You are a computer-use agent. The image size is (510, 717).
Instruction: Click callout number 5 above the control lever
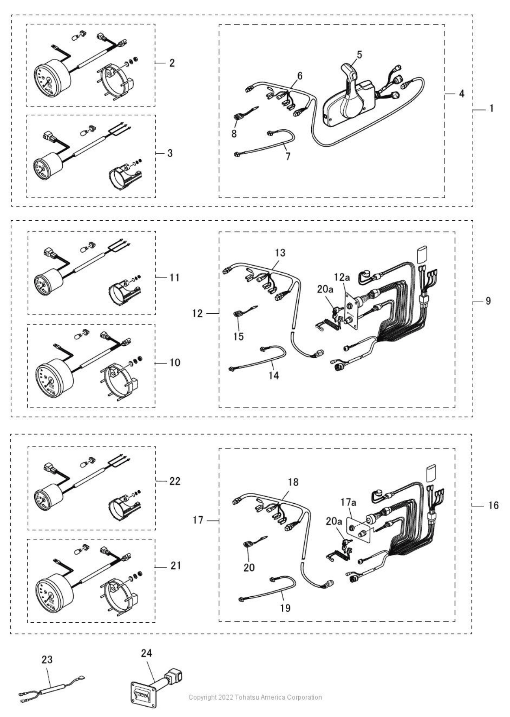click(359, 55)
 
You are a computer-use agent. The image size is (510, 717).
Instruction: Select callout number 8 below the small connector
click(234, 133)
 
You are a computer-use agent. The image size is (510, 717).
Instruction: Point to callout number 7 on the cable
click(287, 157)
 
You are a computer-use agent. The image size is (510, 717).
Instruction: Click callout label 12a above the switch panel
click(342, 277)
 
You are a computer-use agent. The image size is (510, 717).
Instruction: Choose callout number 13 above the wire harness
click(280, 253)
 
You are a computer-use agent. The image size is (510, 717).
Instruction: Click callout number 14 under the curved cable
click(274, 375)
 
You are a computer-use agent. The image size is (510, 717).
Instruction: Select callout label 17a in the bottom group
click(348, 502)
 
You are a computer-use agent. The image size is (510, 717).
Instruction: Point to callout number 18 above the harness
click(293, 482)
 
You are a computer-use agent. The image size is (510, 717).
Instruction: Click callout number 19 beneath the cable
click(285, 608)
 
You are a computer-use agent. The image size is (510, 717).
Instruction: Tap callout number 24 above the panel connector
click(146, 653)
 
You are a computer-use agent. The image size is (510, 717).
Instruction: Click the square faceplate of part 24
click(143, 700)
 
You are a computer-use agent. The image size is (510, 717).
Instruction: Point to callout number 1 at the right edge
click(491, 109)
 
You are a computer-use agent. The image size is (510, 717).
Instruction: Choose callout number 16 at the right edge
click(494, 505)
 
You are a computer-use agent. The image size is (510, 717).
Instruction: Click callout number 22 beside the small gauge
click(175, 481)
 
